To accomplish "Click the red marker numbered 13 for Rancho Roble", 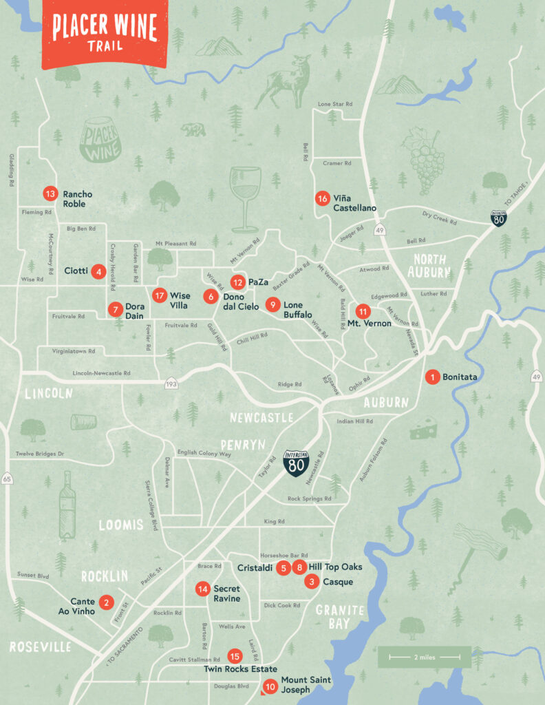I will (50, 193).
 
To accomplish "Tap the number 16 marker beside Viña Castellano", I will (322, 198).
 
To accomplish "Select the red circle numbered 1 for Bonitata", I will (432, 377).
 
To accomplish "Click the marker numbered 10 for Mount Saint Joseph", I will (270, 686).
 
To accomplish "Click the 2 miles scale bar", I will (424, 657).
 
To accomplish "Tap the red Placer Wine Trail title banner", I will (105, 31).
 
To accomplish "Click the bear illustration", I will (192, 129).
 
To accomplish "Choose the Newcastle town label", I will (262, 417).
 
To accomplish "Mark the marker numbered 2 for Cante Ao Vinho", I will (106, 602).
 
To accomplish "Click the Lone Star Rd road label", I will (335, 104).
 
